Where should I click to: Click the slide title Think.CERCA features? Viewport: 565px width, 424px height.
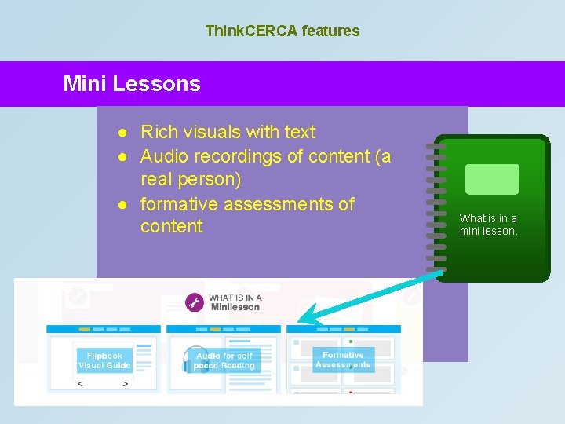click(282, 31)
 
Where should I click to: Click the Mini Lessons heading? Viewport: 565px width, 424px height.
click(132, 84)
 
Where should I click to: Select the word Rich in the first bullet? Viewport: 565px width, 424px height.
click(159, 132)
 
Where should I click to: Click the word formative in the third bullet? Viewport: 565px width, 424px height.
click(179, 204)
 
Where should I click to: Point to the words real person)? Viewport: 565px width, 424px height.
click(191, 179)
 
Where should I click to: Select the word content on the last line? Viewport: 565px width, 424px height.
click(171, 227)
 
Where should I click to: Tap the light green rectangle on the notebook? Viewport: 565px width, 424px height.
click(492, 179)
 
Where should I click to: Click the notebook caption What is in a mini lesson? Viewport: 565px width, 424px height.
click(489, 225)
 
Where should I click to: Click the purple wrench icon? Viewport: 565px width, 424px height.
click(195, 302)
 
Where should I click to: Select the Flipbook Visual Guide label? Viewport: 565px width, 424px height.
click(104, 360)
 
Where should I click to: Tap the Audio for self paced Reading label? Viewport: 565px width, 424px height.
click(225, 360)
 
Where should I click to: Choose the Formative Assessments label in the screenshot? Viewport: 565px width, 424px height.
click(343, 360)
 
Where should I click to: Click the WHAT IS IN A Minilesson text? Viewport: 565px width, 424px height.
click(235, 302)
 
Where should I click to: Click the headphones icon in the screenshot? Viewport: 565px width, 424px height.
click(189, 360)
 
